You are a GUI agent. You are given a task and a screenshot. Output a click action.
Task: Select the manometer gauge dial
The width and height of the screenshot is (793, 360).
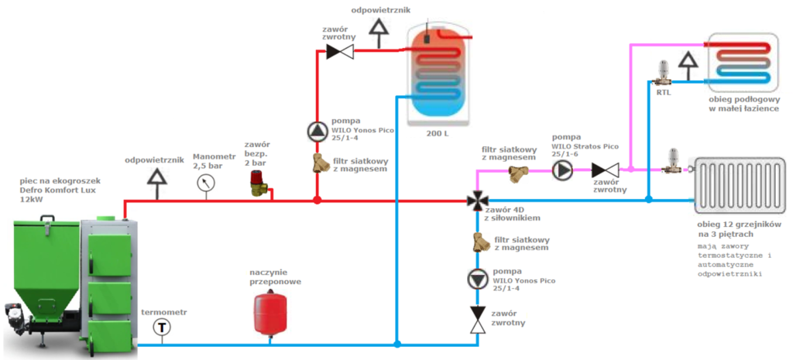tap(206, 183)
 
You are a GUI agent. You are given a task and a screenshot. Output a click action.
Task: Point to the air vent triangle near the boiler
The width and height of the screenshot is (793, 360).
tap(158, 177)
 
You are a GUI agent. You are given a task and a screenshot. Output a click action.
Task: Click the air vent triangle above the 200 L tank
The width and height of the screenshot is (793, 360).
tap(379, 28)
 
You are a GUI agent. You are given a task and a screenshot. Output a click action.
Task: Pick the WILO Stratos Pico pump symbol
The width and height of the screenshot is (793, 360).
tap(561, 170)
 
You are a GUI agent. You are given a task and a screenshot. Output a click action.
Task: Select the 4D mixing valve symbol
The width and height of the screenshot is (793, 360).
tap(475, 201)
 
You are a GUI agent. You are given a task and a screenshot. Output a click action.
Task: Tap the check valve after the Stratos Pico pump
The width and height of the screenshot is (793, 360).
tap(604, 170)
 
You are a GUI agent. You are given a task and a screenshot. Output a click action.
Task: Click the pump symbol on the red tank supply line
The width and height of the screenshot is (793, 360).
tap(318, 132)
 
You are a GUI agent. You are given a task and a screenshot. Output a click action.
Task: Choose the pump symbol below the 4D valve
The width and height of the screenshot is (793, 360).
tap(475, 279)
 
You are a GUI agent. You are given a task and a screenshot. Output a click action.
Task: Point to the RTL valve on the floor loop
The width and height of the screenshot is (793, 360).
tap(663, 73)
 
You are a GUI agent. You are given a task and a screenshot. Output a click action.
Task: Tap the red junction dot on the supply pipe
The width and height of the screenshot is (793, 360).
tap(318, 201)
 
